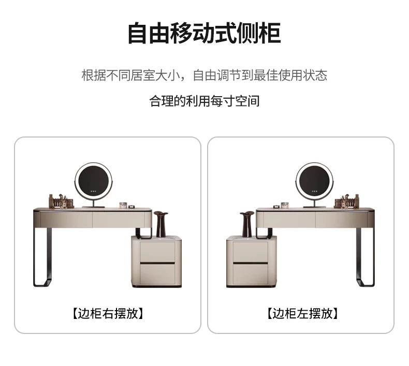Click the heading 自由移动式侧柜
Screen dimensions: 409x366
tap(204, 34)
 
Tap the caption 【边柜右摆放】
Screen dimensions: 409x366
tap(108, 313)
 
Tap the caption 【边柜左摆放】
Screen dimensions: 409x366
tap(302, 313)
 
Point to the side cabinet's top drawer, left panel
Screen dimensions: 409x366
tap(157, 251)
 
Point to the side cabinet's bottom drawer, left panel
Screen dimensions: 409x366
tap(157, 274)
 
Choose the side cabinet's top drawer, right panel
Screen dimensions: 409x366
tap(251, 251)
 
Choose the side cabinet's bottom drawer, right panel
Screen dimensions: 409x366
tap(251, 274)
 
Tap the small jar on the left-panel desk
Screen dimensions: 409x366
tap(123, 205)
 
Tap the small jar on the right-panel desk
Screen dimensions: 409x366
tap(285, 205)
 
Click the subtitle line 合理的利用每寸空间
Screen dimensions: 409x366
tap(204, 101)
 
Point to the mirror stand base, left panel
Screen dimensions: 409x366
tap(93, 207)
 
